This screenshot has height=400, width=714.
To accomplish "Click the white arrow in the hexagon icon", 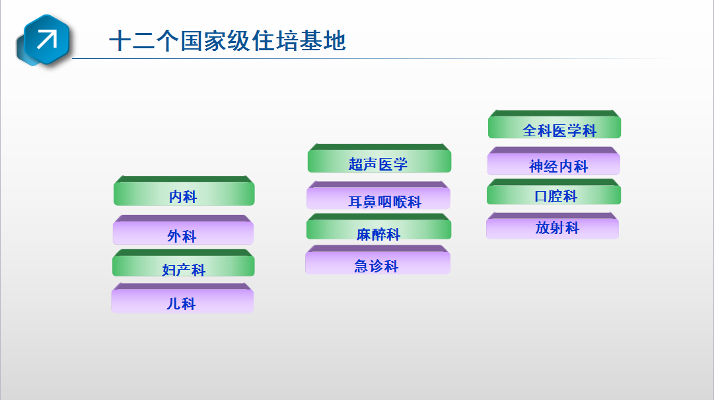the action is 47,39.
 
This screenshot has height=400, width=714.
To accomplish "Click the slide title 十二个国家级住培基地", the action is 228,41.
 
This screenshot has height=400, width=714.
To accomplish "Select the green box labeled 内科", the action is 184,191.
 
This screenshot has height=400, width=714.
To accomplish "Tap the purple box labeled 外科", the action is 183,230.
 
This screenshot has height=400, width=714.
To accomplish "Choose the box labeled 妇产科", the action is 184,263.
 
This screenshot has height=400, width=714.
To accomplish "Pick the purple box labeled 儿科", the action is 182,298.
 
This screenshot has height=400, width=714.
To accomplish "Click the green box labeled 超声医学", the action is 379,159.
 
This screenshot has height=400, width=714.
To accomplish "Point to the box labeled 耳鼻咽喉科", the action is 378,196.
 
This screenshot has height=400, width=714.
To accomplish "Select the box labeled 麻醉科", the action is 379,227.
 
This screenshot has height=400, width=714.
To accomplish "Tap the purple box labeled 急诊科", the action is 378,260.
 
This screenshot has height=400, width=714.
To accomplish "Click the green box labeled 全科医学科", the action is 555,124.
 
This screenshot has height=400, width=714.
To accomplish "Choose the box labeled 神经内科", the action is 553,161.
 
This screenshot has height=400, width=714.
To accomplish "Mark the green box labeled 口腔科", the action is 553,192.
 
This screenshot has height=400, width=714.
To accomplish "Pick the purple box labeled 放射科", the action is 552,226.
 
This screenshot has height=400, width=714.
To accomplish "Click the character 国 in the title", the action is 192,41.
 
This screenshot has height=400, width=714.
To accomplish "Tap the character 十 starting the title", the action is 120,41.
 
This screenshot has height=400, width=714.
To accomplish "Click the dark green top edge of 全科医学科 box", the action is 555,114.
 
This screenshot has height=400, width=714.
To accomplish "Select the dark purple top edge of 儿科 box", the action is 182,286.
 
